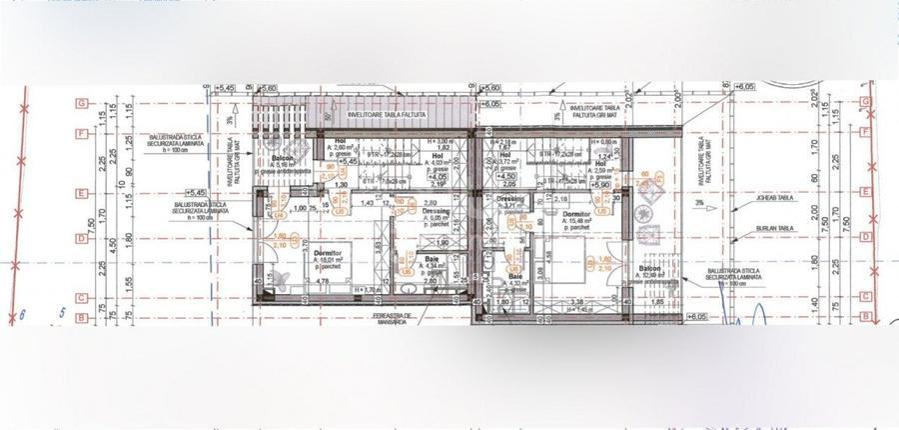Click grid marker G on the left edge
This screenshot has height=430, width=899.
[x=79, y=103]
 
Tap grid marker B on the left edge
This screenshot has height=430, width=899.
[x=79, y=318]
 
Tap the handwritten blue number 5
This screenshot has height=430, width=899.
[x=62, y=313]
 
